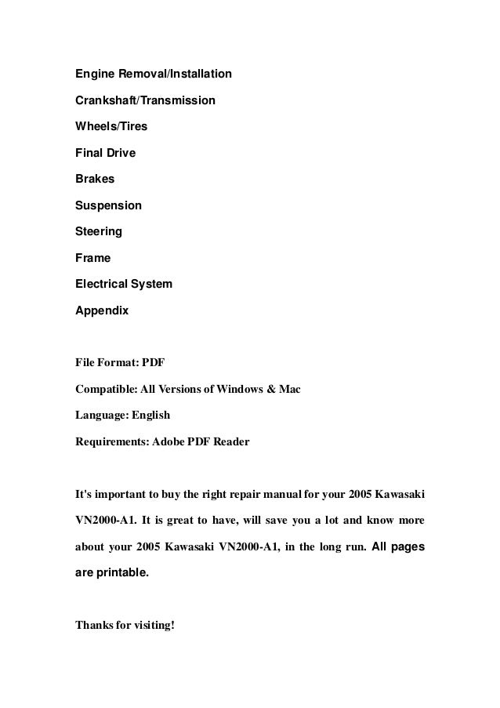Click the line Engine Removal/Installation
coord(153,74)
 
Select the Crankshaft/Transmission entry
coord(145,100)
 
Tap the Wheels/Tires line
coord(111,126)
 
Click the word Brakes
coord(94,179)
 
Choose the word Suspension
coord(108,205)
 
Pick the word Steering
coord(98,231)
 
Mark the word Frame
coord(92,258)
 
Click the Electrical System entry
coord(123,284)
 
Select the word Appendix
coord(102,310)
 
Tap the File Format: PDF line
coord(120,363)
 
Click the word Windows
coord(234,389)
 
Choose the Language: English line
coord(122,416)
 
